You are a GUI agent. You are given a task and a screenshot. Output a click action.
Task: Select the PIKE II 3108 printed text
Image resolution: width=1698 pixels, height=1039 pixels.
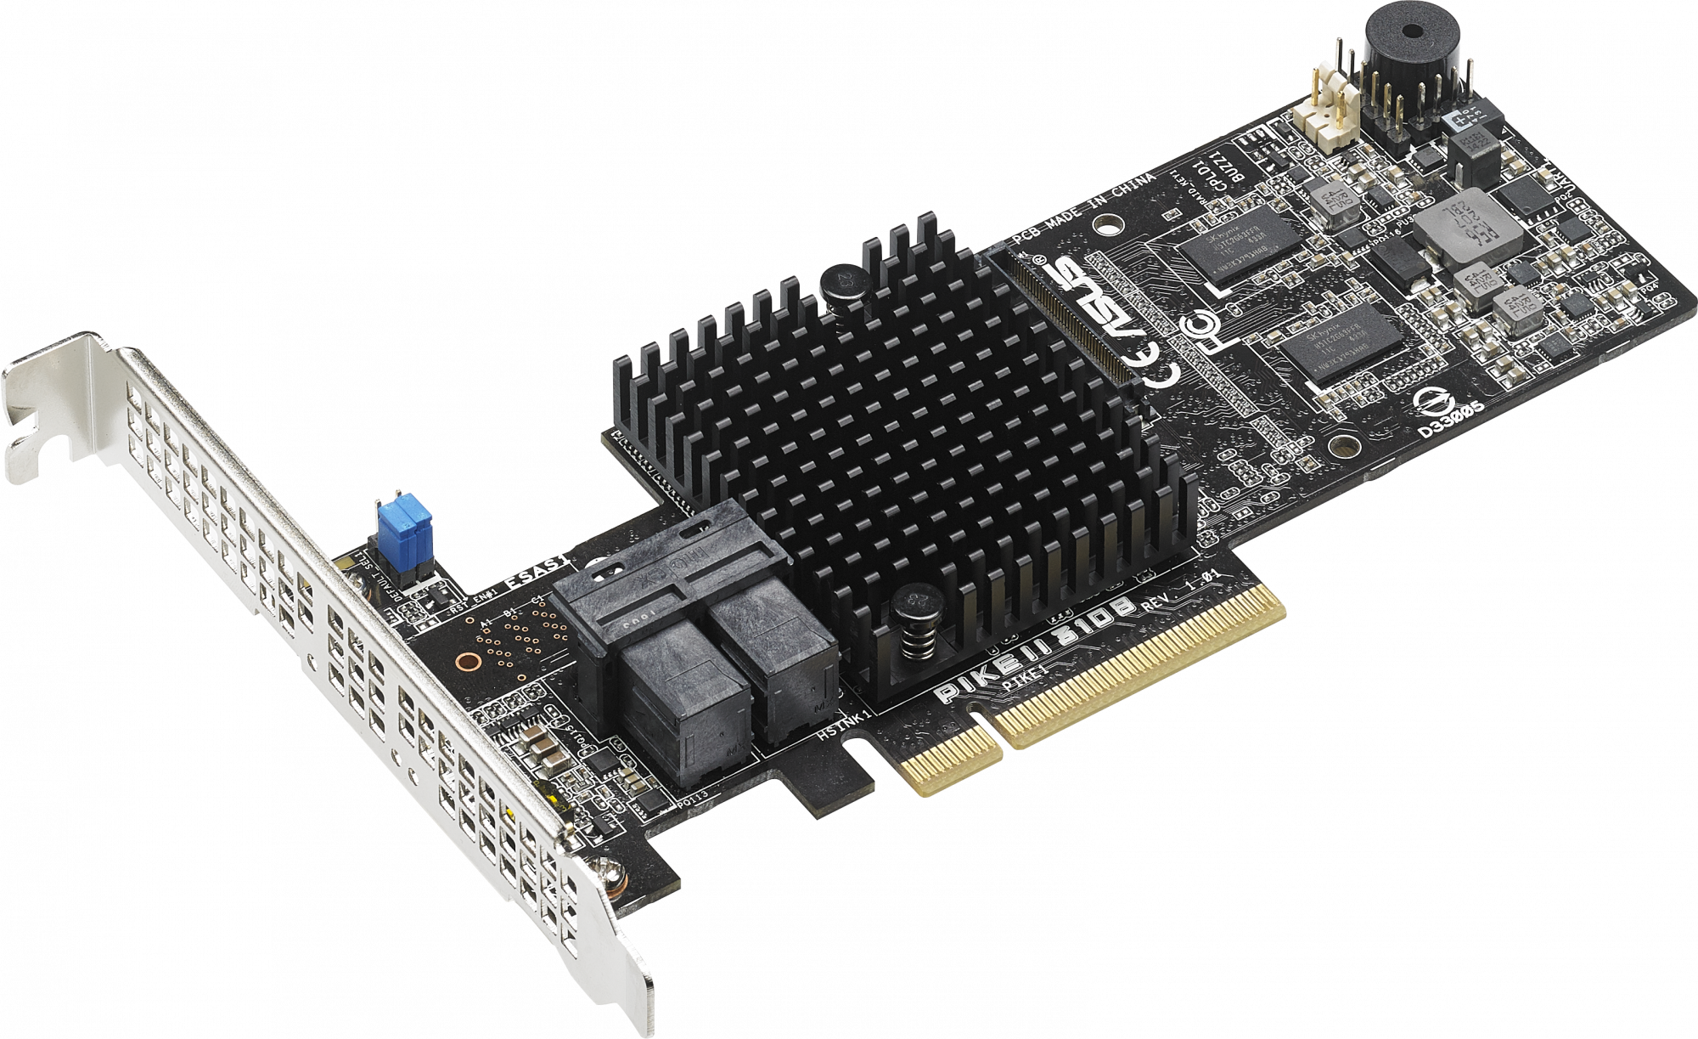click(x=1037, y=645)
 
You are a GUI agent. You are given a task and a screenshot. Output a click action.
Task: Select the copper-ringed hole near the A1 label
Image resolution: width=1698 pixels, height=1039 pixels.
click(x=465, y=661)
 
